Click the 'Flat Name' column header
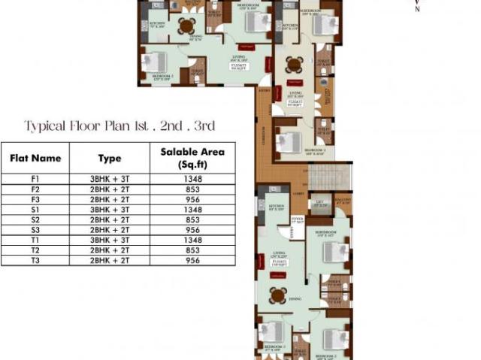[x=35, y=159]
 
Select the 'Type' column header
[x=109, y=159]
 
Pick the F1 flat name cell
[x=35, y=180]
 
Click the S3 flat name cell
[x=35, y=229]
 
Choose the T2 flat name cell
[x=35, y=250]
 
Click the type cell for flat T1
[x=109, y=240]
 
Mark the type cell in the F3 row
[x=109, y=199]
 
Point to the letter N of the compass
[x=418, y=10]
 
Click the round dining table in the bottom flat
[x=278, y=295]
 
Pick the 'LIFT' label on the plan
[x=319, y=201]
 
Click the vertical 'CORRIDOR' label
[x=264, y=140]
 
